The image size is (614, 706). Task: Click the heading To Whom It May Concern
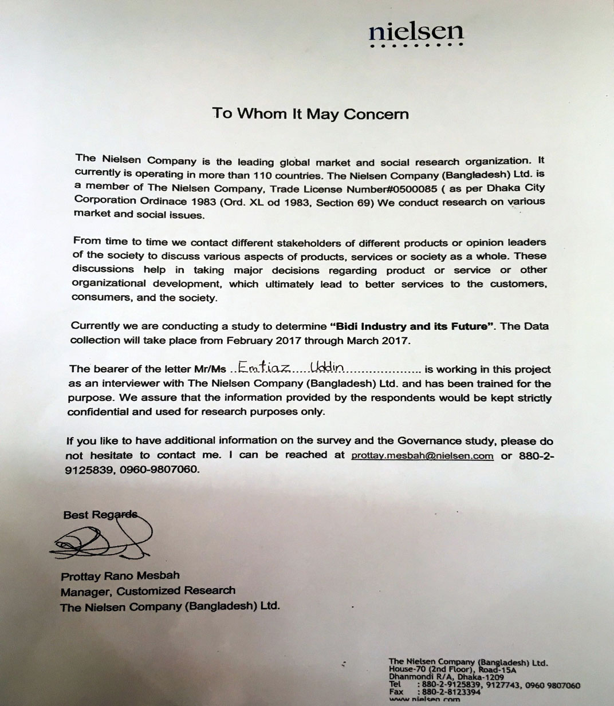tap(310, 113)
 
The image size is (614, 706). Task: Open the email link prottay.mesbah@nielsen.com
tap(422, 456)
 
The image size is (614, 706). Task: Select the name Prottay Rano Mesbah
tap(120, 576)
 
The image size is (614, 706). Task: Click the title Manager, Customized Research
tap(148, 591)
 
